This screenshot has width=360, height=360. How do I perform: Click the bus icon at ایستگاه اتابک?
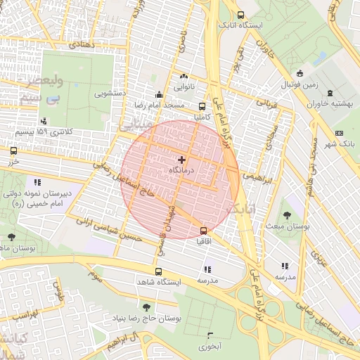coord(241,15)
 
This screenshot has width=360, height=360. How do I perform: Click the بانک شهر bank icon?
coord(340,133)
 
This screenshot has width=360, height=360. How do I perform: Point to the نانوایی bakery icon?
coord(184,76)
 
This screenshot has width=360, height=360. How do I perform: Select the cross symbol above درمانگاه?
coord(183,160)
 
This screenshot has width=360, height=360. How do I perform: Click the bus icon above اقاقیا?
coord(203,230)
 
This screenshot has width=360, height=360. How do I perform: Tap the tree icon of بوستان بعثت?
coord(286,215)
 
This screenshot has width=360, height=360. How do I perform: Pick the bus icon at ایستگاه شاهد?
coord(159,271)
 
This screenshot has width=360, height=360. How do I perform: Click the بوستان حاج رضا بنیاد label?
coord(146,319)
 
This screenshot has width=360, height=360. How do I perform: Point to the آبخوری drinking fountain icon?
coord(210,335)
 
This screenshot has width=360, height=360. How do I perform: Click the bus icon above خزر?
coord(13,150)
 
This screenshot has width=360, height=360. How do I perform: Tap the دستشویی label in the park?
coord(110,92)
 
